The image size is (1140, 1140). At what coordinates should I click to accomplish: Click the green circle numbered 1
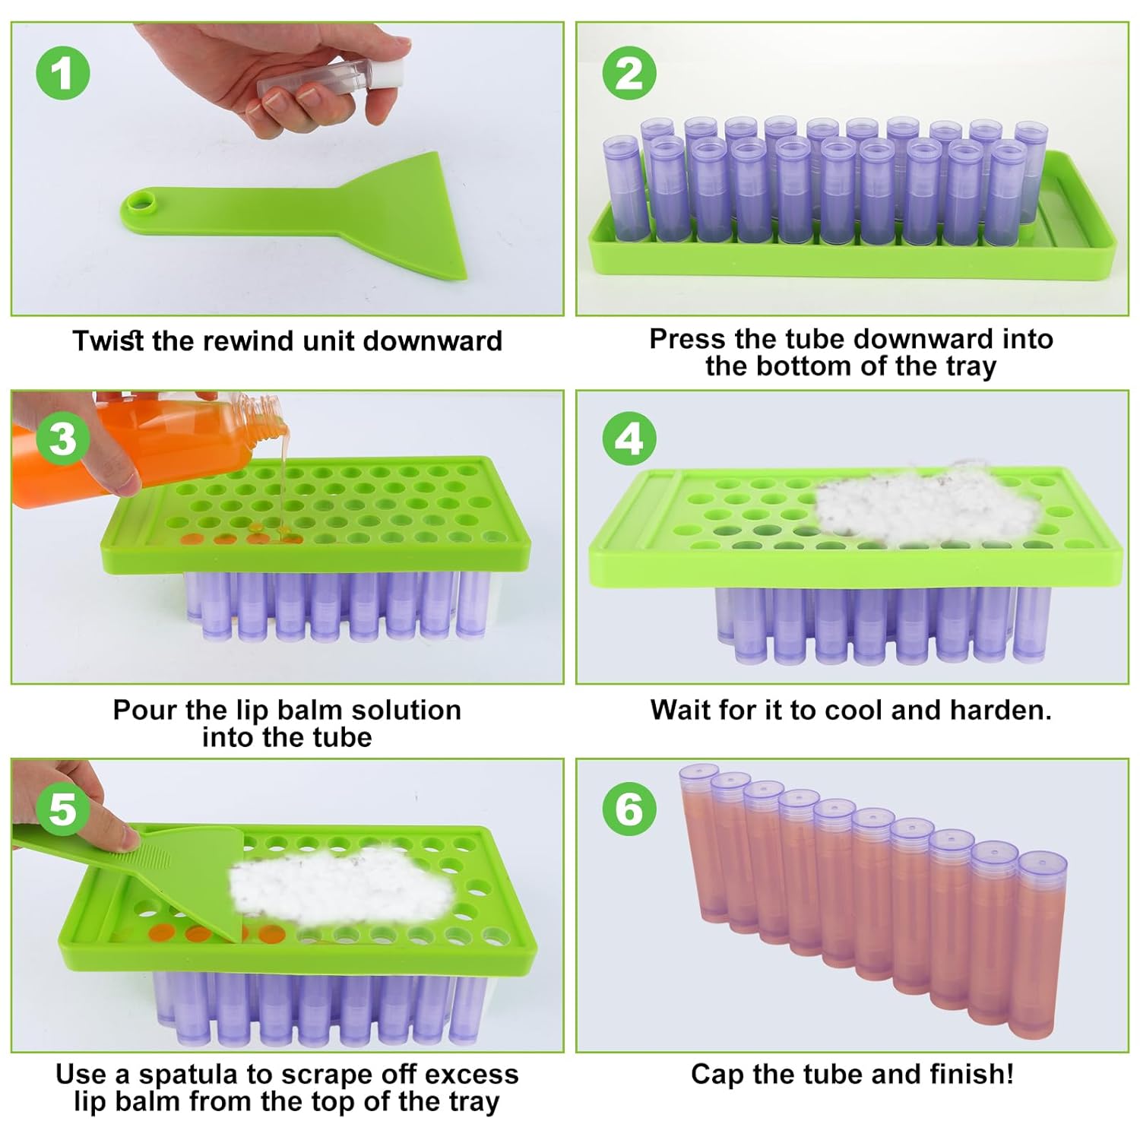pos(63,74)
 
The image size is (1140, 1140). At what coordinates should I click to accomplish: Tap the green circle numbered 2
pos(629,74)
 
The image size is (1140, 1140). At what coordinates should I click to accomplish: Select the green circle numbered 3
pos(63,439)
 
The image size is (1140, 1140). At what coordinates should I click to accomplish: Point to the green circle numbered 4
pos(629,439)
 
